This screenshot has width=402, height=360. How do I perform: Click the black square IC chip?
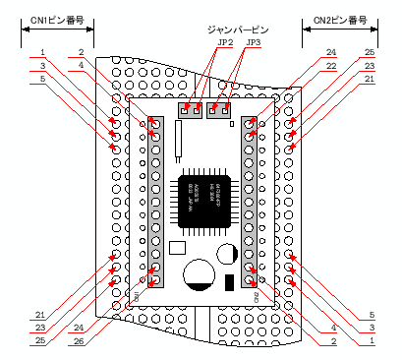(201, 203)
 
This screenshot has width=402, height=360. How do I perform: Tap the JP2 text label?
(224, 43)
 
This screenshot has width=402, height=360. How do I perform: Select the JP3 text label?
(253, 43)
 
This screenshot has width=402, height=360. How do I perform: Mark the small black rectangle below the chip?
(230, 282)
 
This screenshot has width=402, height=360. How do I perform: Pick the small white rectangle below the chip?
(178, 248)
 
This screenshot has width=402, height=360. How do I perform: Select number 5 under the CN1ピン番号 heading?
(43, 79)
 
